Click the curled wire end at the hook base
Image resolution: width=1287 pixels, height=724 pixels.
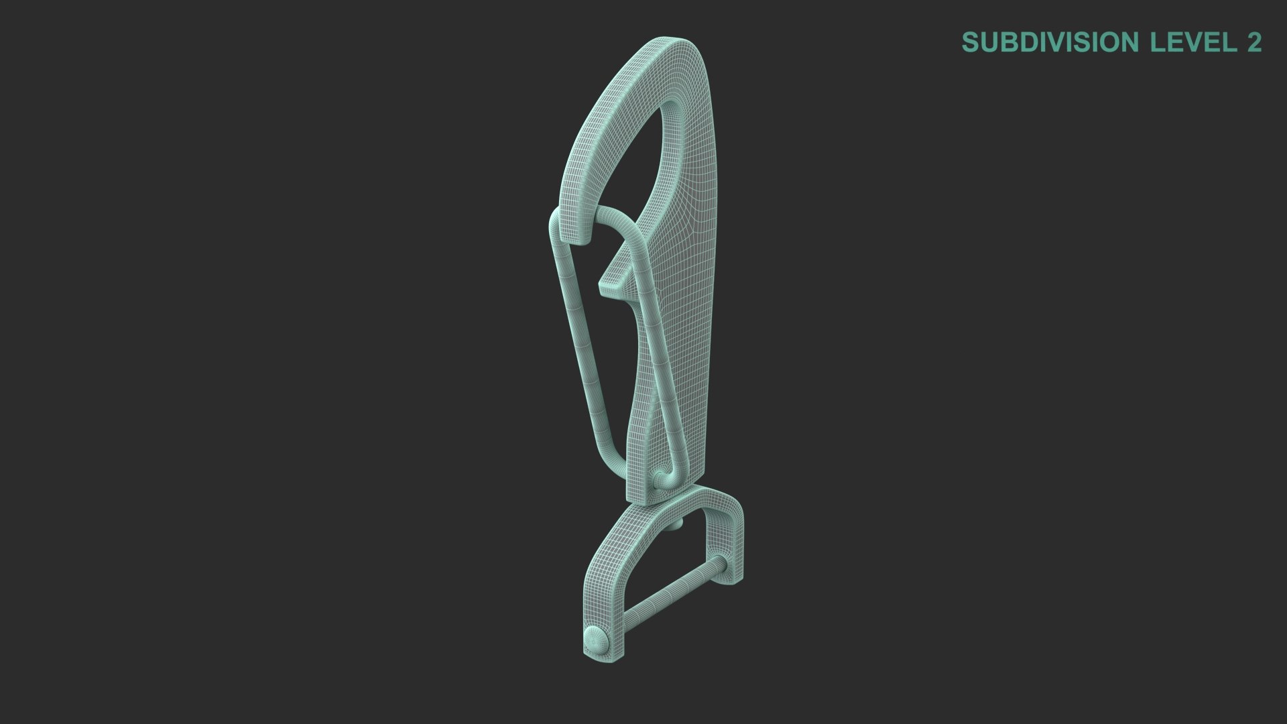click(661, 479)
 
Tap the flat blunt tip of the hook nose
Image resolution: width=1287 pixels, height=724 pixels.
click(573, 231)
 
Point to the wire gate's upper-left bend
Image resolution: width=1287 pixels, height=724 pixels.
click(556, 221)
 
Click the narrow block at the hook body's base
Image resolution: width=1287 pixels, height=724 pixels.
click(643, 489)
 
